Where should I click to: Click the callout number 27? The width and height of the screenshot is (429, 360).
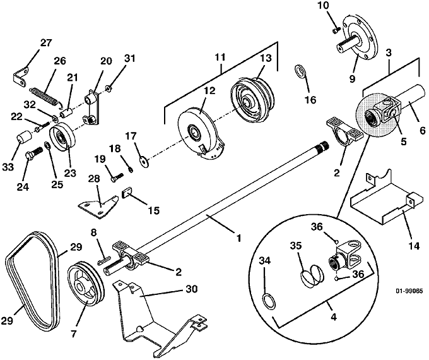pyautogui.click(x=45, y=42)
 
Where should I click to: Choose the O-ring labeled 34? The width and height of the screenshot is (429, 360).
pyautogui.click(x=268, y=301)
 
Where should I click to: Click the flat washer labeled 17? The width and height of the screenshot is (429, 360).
pyautogui.click(x=145, y=160)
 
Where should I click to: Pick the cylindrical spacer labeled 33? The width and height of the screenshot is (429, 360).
pyautogui.click(x=24, y=138)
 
